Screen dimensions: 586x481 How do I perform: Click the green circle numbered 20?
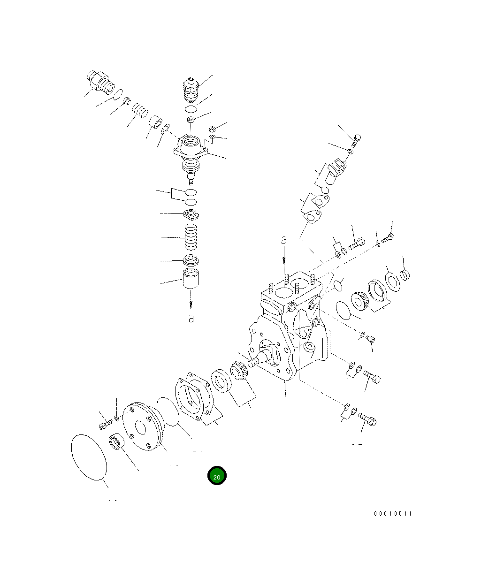click(217, 476)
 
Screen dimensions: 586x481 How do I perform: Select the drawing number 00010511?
click(393, 514)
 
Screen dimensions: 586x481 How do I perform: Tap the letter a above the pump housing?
click(283, 240)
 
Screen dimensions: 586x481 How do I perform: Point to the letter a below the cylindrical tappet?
click(191, 318)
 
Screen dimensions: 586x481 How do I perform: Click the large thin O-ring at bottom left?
click(89, 456)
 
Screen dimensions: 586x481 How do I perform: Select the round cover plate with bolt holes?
click(142, 426)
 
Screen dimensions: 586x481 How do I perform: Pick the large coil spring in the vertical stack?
click(191, 237)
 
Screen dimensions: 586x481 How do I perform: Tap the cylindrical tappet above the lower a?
click(191, 281)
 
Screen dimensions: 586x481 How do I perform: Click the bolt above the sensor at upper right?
click(357, 140)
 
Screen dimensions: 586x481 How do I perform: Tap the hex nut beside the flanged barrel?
click(211, 128)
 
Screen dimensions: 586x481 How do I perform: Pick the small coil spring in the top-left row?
click(139, 111)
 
